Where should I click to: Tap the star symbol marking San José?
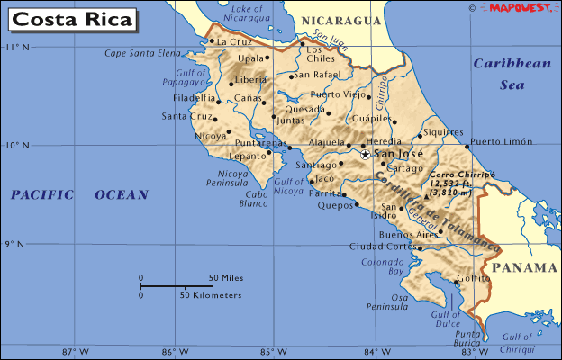coord(365,154)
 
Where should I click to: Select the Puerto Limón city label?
coord(502,141)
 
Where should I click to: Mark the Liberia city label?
coord(251,79)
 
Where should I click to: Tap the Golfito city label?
coord(474,279)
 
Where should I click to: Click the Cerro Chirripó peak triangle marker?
coord(426,194)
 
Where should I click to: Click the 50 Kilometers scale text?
coord(211,295)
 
